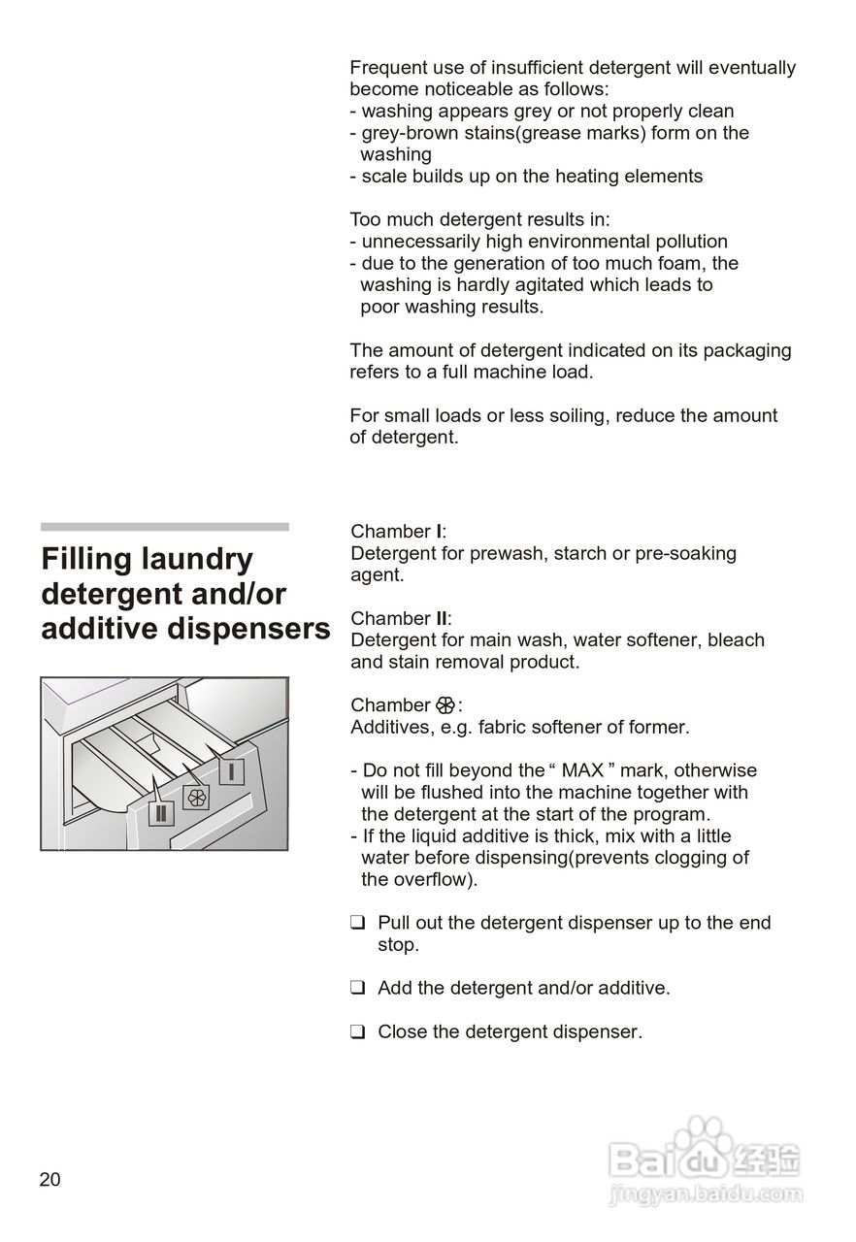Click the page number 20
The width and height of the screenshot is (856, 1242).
pos(49,1180)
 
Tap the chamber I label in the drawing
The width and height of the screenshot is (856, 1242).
pos(231,771)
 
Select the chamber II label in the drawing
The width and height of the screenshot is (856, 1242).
pos(161,811)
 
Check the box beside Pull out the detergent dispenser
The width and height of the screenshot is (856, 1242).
pos(357,923)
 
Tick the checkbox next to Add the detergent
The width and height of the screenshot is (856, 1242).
pos(357,988)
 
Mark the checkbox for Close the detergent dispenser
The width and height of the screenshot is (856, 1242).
pos(357,1032)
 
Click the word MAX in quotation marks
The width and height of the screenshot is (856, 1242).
pos(583,770)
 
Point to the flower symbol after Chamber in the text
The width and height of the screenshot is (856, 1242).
pos(445,705)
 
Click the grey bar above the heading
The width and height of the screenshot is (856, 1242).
pos(165,527)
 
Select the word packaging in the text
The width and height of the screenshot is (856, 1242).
pos(746,350)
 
